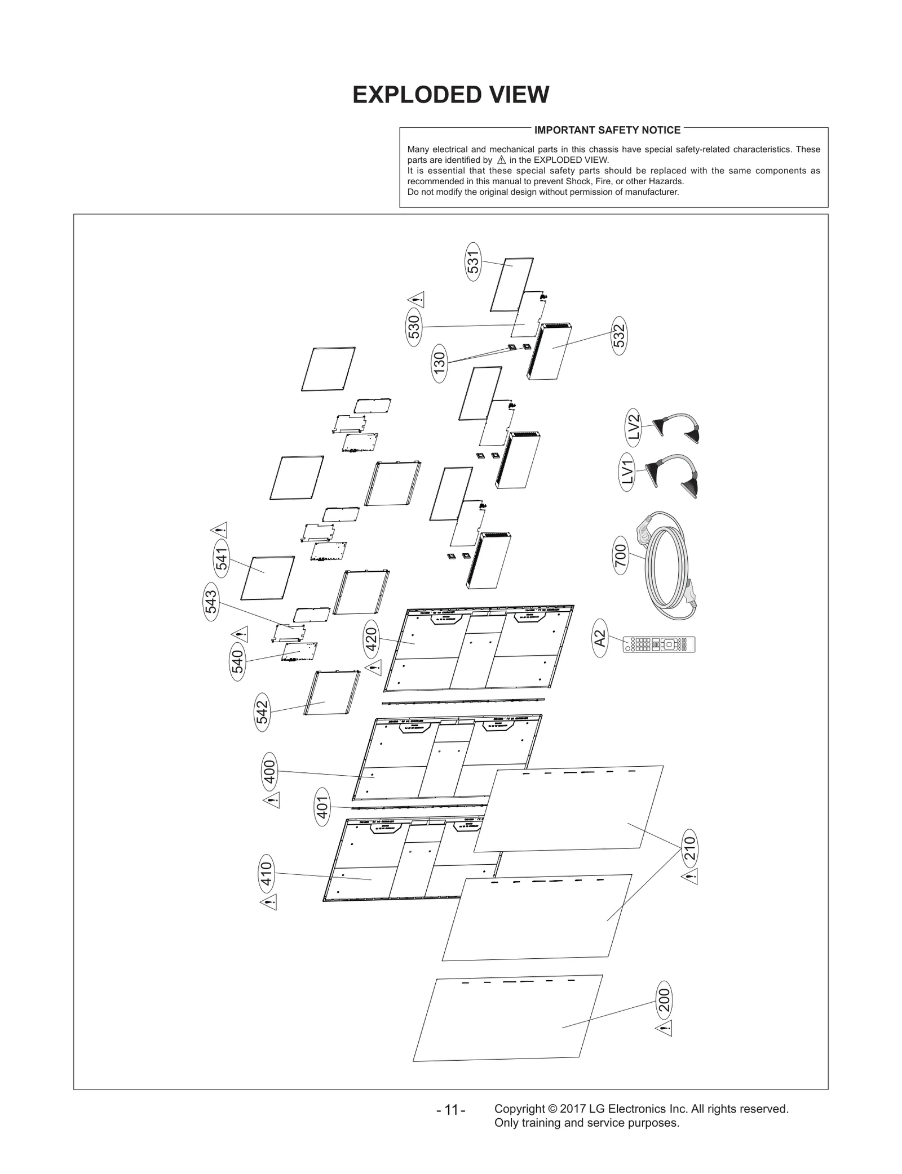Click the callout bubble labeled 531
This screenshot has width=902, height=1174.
473,261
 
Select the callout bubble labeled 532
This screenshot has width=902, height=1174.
619,336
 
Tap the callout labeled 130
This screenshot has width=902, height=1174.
439,363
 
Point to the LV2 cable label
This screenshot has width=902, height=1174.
634,426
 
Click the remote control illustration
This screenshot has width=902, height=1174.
659,644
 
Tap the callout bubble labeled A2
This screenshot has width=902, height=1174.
600,638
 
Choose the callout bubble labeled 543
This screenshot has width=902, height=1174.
211,602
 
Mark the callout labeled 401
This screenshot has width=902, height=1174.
322,807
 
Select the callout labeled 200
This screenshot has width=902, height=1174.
665,1000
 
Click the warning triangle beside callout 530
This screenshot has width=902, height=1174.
416,300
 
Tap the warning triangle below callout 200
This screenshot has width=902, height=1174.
664,1029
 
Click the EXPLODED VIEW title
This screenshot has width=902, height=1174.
450,95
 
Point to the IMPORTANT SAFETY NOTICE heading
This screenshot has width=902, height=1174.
607,130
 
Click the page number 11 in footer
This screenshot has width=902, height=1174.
451,1110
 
